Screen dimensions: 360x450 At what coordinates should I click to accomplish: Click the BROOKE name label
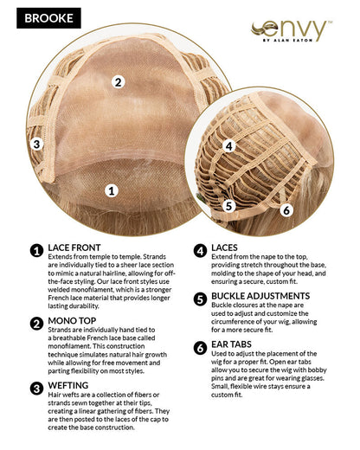48,18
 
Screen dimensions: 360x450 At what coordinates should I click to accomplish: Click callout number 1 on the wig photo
112,190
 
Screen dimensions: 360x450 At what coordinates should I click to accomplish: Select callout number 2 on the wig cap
119,82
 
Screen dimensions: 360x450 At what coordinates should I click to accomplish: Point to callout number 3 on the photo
37,144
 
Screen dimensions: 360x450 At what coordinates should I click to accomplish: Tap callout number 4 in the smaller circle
228,146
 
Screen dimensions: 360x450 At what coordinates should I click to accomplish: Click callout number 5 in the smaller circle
228,206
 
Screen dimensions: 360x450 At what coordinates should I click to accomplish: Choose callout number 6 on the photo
286,209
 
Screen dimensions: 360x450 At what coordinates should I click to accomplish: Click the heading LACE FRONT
74,247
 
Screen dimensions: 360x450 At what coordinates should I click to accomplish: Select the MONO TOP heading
72,320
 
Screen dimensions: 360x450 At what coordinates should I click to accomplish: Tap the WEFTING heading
68,385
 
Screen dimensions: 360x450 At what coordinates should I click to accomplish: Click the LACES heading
224,247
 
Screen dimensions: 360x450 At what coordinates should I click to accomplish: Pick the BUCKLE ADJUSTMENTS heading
260,296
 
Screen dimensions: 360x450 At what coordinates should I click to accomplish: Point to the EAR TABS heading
231,344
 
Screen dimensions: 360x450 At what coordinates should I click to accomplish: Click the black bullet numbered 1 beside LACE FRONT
36,251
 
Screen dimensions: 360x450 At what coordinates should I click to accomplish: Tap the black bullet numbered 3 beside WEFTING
36,389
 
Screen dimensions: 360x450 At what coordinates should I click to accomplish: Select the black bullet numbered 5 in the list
200,299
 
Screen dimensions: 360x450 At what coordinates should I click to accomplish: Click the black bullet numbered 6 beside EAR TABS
200,348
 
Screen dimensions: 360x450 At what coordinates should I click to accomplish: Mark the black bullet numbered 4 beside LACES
200,251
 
